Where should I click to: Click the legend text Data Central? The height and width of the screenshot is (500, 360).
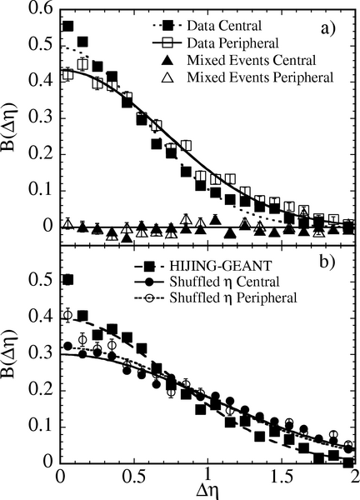[x=224, y=26]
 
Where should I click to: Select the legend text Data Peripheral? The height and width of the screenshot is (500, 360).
[x=233, y=42]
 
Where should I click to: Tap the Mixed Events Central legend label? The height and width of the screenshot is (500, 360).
[x=252, y=60]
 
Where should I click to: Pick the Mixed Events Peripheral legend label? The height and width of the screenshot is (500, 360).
[x=260, y=77]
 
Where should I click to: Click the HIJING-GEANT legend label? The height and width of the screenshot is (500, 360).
[x=221, y=265]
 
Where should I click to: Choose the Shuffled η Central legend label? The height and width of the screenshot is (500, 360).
[x=224, y=282]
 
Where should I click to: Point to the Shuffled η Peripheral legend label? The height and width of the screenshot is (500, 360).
[x=233, y=297]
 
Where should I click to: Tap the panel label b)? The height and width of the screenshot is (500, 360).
[x=327, y=263]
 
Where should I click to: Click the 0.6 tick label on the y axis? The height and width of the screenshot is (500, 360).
[x=42, y=8]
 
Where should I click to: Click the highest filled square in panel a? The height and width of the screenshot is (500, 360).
[x=68, y=26]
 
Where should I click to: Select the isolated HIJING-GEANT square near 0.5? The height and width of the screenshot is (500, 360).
[x=68, y=280]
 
